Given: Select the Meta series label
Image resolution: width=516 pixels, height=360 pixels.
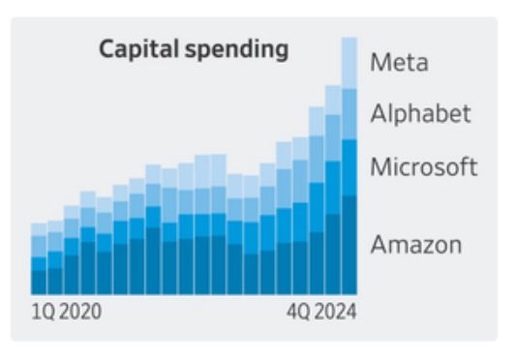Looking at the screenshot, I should (399, 64).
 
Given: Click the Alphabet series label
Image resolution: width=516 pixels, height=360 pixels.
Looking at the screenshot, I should (420, 113).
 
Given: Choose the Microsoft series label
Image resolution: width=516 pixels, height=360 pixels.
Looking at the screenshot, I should (423, 167).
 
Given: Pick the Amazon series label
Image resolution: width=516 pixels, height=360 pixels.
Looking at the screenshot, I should (415, 244).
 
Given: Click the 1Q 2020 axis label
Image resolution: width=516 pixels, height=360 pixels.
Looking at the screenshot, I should (67, 313).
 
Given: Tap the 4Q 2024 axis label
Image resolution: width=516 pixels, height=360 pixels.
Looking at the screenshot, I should (321, 313).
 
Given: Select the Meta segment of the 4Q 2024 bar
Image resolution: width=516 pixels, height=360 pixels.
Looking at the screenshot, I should (349, 63).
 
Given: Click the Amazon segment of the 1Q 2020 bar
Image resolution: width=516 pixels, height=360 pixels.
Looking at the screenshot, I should (39, 282).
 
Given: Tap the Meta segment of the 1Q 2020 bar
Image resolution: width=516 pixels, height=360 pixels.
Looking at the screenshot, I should (39, 229).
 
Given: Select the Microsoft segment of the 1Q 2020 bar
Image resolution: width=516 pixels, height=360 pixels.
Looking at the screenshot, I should (39, 263).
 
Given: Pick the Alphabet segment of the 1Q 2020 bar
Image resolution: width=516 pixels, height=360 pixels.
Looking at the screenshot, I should (39, 246).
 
